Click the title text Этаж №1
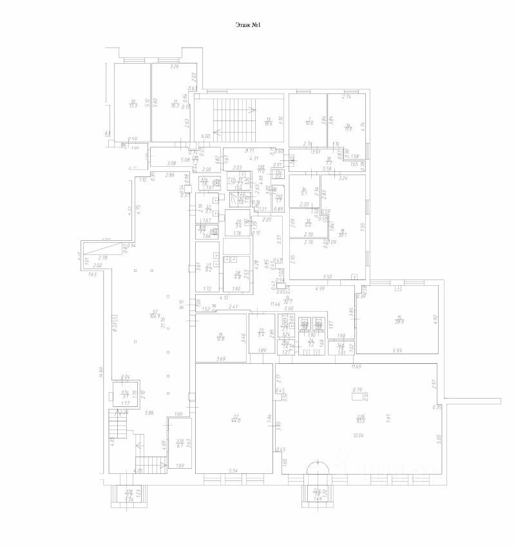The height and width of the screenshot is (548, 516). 248,25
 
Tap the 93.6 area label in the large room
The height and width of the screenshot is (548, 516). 361,419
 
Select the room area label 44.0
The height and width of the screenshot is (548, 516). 236,419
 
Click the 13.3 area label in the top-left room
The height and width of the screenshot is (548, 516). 133,104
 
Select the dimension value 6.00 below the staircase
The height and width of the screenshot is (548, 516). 205,137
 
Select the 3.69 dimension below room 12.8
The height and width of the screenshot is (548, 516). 220,358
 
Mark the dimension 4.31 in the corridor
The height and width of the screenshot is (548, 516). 254,158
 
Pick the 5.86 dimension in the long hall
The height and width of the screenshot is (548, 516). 150,412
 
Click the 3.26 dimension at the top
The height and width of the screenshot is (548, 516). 173,67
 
